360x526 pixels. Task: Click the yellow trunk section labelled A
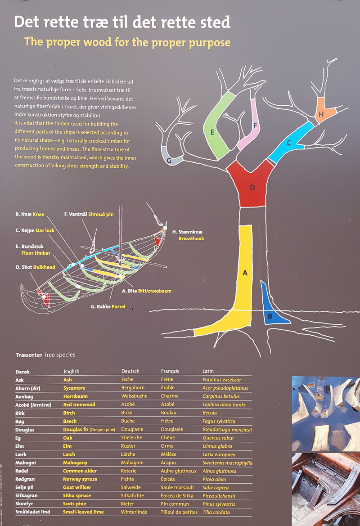[244, 279]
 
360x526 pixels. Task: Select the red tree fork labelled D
[251, 184]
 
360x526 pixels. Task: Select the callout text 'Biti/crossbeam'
[155, 291]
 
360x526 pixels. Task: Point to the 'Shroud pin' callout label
[101, 215]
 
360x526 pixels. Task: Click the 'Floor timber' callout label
[36, 253]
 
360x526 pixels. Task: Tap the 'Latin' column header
[208, 371]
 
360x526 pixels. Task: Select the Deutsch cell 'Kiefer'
[128, 504]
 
